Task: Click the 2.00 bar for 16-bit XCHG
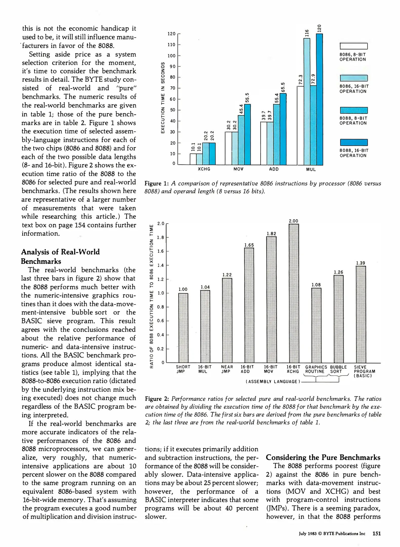pyautogui.click(x=294, y=293)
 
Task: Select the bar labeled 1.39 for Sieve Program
pyautogui.click(x=361, y=314)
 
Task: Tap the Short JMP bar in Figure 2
pyautogui.click(x=183, y=328)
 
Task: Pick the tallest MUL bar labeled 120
pyautogui.click(x=319, y=99)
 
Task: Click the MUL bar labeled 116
pyautogui.click(x=307, y=102)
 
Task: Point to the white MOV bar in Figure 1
pyautogui.click(x=228, y=148)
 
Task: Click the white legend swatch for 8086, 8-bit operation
pyautogui.click(x=353, y=46)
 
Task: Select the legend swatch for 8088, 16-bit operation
pyautogui.click(x=353, y=142)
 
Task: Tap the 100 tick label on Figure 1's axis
pyautogui.click(x=171, y=56)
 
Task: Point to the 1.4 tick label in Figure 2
pyautogui.click(x=161, y=265)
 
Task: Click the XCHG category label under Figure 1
pyautogui.click(x=204, y=169)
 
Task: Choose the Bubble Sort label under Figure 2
pyautogui.click(x=338, y=369)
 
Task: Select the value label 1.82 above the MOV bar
pyautogui.click(x=271, y=233)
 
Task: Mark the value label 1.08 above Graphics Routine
pyautogui.click(x=316, y=285)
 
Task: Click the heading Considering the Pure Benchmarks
pyautogui.click(x=323, y=457)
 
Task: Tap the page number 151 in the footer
pyautogui.click(x=376, y=533)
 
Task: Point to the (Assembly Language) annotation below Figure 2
pyautogui.click(x=273, y=381)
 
